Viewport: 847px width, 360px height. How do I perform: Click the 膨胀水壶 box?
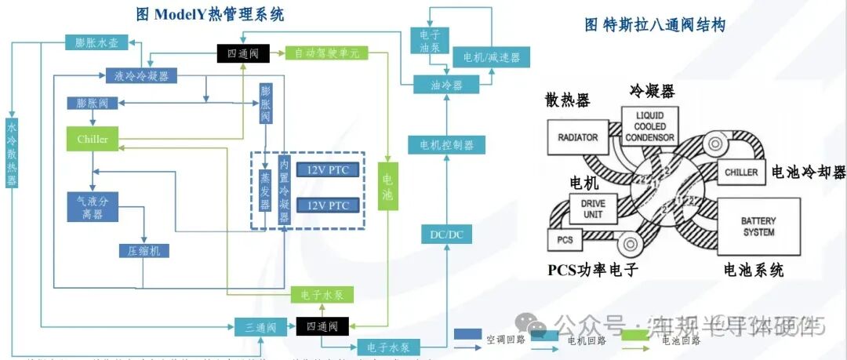[x=96, y=43]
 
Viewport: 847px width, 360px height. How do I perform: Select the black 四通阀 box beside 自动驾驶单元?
[x=243, y=53]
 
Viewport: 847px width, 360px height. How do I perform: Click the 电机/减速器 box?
[x=491, y=57]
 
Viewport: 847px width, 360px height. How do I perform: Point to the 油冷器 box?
[x=446, y=85]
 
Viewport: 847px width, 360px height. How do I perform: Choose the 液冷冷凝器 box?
[x=140, y=76]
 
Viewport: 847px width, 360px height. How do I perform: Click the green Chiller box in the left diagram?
[x=93, y=140]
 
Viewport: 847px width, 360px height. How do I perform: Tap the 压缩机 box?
[x=144, y=251]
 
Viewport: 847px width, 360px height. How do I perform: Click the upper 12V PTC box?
[x=328, y=170]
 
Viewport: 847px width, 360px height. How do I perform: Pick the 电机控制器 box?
[x=446, y=145]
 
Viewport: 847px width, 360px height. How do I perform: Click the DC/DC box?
[x=446, y=234]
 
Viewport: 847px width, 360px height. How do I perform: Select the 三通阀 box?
[x=256, y=325]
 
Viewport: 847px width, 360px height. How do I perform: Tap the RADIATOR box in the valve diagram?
[x=577, y=137]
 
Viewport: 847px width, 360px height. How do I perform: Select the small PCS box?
[x=565, y=238]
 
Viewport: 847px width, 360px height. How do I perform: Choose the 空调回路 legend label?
[x=505, y=340]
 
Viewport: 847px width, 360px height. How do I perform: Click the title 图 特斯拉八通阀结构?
[x=654, y=25]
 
